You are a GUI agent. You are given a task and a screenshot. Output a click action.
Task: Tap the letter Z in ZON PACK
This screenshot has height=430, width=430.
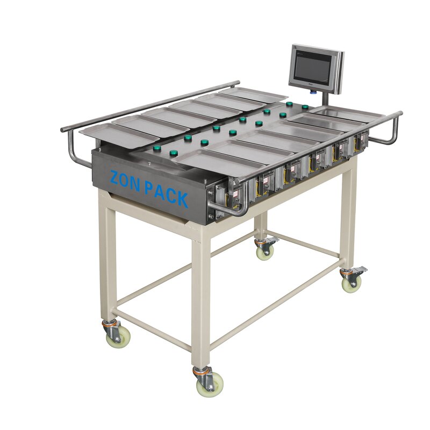pyautogui.click(x=116, y=177)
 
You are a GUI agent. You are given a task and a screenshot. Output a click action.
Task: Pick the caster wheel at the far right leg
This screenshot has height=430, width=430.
pyautogui.click(x=351, y=281)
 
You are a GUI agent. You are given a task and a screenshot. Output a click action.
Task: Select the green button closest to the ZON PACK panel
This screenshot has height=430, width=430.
pyautogui.click(x=174, y=153)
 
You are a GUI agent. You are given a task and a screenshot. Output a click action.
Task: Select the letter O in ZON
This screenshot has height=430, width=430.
pyautogui.click(x=130, y=182)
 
